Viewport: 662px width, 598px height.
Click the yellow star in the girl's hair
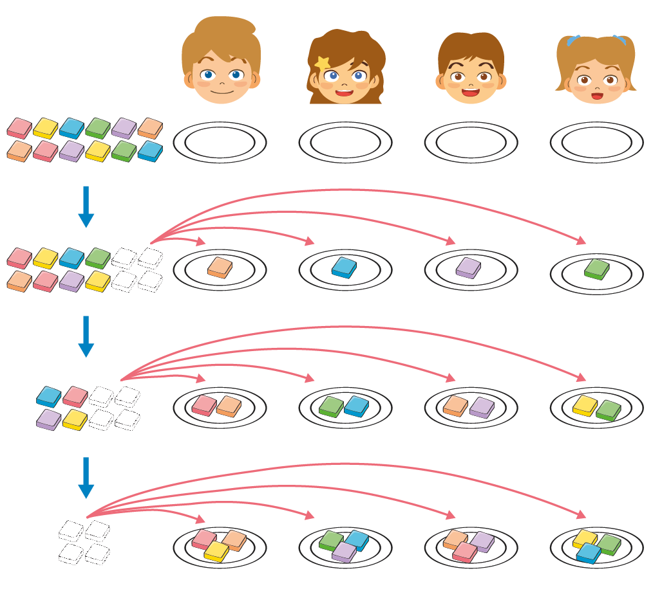321,63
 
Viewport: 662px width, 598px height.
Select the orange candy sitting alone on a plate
220,267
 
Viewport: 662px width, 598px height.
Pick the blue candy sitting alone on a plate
345,267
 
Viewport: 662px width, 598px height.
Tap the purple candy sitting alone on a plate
468,267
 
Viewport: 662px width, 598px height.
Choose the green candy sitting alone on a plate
596,269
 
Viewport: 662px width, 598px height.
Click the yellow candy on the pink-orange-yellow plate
216,551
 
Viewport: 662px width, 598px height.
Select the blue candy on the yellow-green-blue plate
589,553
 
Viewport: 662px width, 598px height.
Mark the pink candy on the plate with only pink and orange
205,405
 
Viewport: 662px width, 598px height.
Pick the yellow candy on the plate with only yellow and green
585,405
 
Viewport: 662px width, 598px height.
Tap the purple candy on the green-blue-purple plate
344,552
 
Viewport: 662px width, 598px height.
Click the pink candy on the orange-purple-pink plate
465,552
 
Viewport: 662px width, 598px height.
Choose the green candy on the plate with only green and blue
332,406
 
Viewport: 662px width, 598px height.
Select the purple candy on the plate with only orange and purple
482,407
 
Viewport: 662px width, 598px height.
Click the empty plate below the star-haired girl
345,142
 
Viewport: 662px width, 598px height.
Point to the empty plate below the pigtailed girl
596,142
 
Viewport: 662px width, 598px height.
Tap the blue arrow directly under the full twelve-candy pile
86,206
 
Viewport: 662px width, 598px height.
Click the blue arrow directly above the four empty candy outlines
86,478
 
